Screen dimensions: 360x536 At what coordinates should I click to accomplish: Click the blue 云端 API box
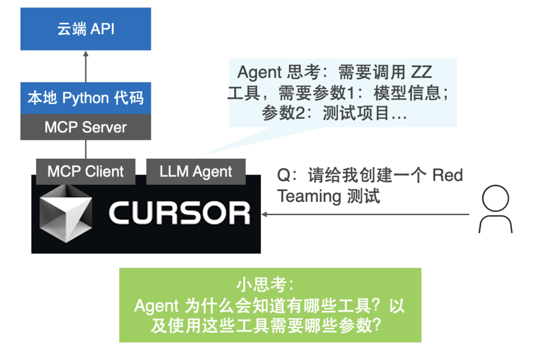pyautogui.click(x=85, y=29)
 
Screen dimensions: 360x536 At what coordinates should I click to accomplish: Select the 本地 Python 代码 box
pyautogui.click(x=85, y=98)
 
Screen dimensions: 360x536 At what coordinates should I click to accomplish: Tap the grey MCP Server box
pyautogui.click(x=85, y=127)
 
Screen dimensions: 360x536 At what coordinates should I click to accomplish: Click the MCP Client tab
pyautogui.click(x=85, y=172)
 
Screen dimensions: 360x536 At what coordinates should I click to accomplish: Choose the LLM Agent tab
pyautogui.click(x=196, y=172)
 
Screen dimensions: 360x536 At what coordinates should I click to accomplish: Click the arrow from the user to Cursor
pyautogui.click(x=365, y=215)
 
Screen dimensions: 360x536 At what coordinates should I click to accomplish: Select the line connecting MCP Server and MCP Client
pyautogui.click(x=85, y=149)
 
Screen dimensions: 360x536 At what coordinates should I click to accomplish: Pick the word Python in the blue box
pyautogui.click(x=85, y=98)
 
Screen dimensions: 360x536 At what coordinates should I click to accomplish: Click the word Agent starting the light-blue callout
pyautogui.click(x=259, y=72)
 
